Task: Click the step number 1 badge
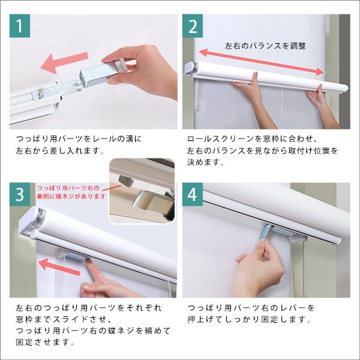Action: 20,26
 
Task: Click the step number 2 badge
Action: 193,26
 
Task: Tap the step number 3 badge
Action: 20,194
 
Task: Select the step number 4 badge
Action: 193,194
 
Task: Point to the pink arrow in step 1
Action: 64,62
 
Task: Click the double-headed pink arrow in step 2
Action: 262,62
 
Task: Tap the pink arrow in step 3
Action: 59,266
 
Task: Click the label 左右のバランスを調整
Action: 265,46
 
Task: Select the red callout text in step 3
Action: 71,192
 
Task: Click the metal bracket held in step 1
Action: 94,74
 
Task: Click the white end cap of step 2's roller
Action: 191,68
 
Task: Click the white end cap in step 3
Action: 29,220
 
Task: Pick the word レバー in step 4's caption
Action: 292,308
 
